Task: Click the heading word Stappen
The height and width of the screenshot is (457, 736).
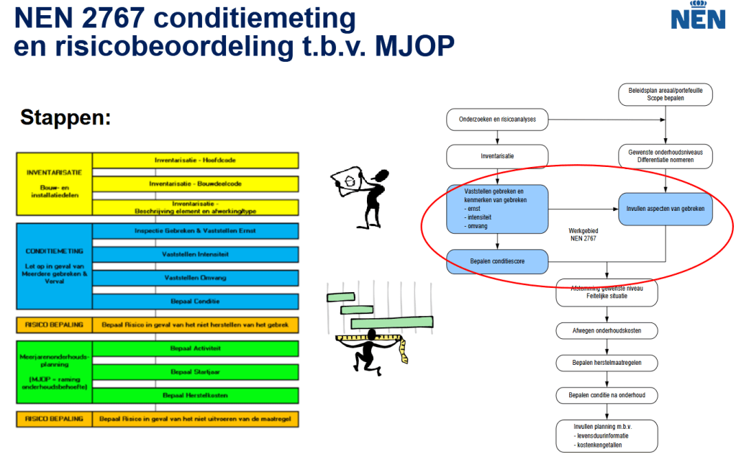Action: click(x=65, y=117)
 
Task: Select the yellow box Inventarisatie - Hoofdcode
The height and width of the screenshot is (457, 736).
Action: click(x=196, y=160)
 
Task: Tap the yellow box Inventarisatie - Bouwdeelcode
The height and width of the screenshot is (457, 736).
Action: click(x=196, y=184)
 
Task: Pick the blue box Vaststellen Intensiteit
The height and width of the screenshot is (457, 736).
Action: click(x=196, y=254)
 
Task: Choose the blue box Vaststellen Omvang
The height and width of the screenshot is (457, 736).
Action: click(x=196, y=278)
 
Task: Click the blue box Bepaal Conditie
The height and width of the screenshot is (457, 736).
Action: click(x=196, y=301)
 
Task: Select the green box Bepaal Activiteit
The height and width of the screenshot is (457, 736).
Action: click(x=196, y=348)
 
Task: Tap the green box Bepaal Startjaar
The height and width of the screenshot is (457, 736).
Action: click(x=196, y=372)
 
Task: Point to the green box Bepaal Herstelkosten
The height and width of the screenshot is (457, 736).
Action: click(x=196, y=395)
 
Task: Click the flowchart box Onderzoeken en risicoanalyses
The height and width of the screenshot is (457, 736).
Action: click(x=497, y=119)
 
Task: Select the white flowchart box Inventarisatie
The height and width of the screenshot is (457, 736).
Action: click(x=497, y=155)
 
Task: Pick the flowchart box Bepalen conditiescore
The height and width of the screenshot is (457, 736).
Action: click(x=497, y=261)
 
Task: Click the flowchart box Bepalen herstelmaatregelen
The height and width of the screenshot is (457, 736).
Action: click(x=606, y=363)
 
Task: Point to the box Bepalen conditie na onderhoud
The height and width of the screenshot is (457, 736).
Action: click(x=606, y=395)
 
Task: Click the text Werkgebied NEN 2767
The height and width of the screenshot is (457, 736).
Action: click(x=583, y=235)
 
